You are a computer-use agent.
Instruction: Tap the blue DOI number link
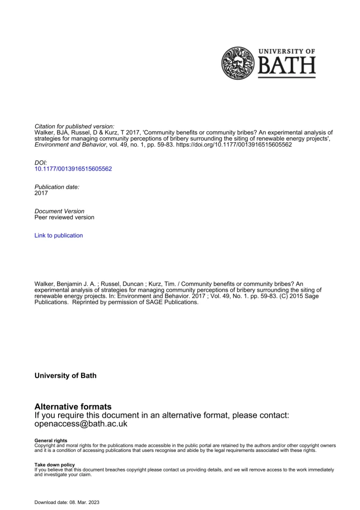pos(73,168)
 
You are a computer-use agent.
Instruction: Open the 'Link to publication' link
pos(59,236)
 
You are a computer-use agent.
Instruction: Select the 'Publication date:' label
pos(57,187)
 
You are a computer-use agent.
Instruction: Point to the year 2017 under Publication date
pos(41,193)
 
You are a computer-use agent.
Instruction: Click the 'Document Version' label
pos(60,211)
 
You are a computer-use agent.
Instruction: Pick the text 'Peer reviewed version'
pos(64,218)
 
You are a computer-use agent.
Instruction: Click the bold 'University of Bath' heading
pos(66,375)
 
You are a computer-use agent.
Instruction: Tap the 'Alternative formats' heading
pos(73,406)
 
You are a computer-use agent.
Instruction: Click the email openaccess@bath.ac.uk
pos(81,424)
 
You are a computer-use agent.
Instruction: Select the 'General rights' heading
pos(51,440)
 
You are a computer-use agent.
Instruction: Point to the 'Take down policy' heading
pos(55,464)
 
